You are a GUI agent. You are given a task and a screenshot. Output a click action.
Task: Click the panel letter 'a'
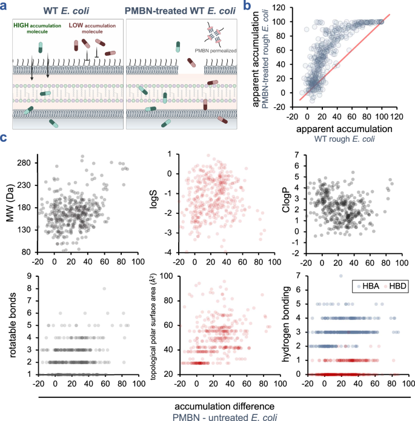[5, 6]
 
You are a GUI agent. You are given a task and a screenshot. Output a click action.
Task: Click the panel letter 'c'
[5, 139]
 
